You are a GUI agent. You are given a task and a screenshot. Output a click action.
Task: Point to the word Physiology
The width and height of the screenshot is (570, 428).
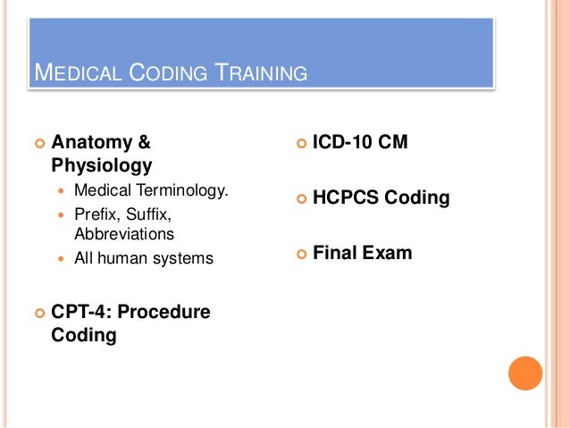pyautogui.click(x=102, y=165)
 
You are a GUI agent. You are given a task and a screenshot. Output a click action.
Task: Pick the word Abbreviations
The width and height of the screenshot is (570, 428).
pyautogui.click(x=125, y=235)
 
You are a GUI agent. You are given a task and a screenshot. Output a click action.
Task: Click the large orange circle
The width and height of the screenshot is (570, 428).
pyautogui.click(x=525, y=373)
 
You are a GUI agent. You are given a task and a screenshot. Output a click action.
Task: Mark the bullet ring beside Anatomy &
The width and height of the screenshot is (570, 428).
pyautogui.click(x=38, y=143)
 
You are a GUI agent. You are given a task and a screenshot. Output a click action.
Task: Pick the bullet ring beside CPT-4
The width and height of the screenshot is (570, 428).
pyautogui.click(x=38, y=313)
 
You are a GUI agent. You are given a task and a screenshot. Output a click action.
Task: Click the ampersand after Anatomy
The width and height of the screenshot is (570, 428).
pyautogui.click(x=144, y=142)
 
